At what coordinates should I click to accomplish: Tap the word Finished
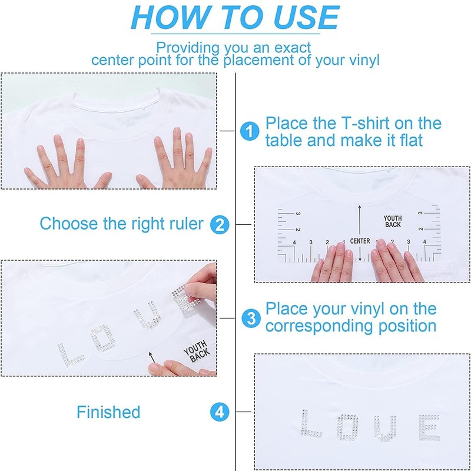click(108, 412)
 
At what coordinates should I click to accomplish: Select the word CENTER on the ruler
click(360, 241)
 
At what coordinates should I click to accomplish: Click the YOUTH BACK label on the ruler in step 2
click(393, 221)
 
